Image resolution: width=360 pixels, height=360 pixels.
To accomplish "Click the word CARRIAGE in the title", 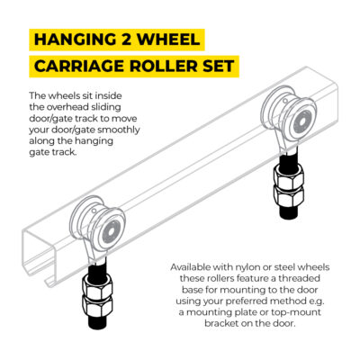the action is coord(79,67).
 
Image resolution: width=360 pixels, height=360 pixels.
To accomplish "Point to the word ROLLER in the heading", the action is coord(164,67).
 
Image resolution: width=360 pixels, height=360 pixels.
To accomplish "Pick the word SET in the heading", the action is coord(219,67).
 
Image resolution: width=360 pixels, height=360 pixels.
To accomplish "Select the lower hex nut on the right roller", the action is coord(289,196).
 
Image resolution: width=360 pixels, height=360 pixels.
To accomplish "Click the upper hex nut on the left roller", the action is coord(96,285).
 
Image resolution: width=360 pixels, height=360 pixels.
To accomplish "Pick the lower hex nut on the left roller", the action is coord(97,306).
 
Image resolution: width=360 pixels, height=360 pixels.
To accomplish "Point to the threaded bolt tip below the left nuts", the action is coord(98,322).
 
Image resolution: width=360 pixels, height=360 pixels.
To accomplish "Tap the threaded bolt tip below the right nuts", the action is coord(289,213).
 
